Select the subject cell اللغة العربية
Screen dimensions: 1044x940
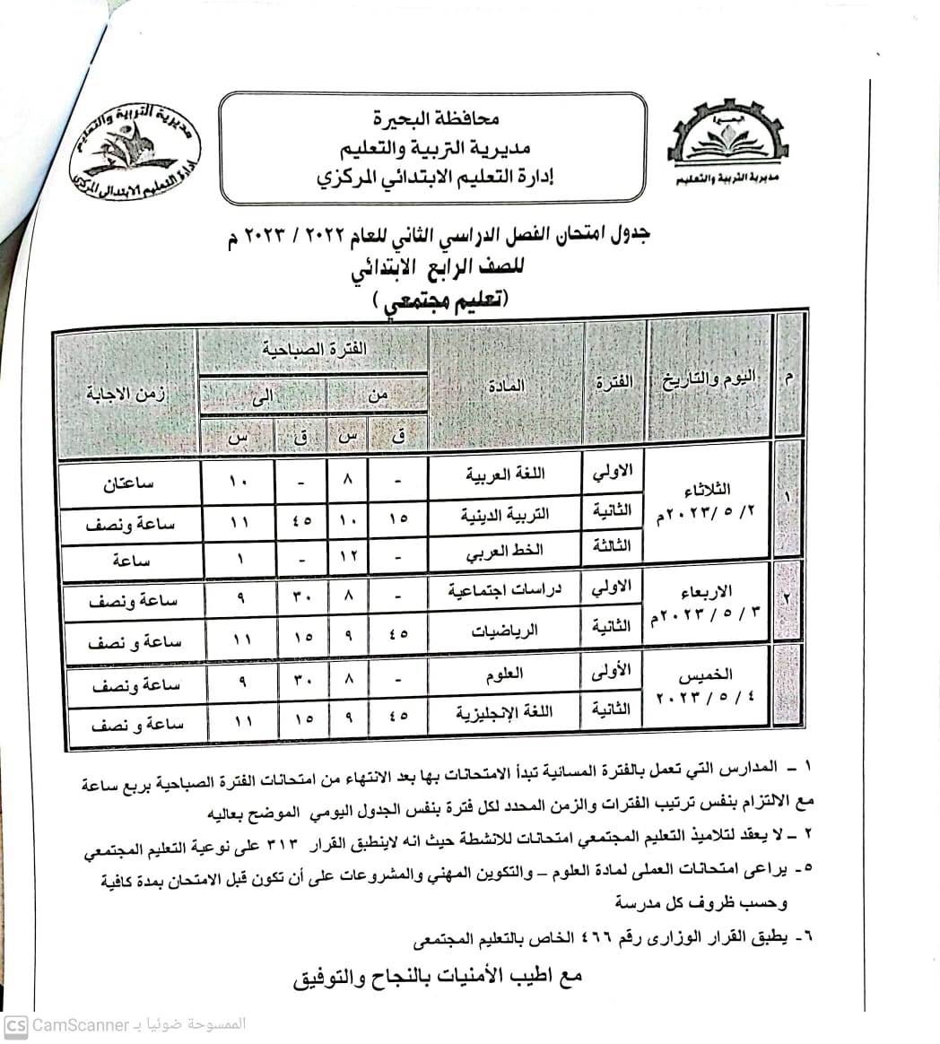coord(506,476)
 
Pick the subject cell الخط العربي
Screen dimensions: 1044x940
coord(506,554)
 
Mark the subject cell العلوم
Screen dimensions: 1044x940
coord(507,674)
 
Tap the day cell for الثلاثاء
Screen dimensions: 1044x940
coord(708,505)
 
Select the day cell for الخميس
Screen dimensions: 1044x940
coord(708,684)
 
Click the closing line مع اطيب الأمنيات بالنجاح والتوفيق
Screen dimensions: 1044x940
coord(438,974)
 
